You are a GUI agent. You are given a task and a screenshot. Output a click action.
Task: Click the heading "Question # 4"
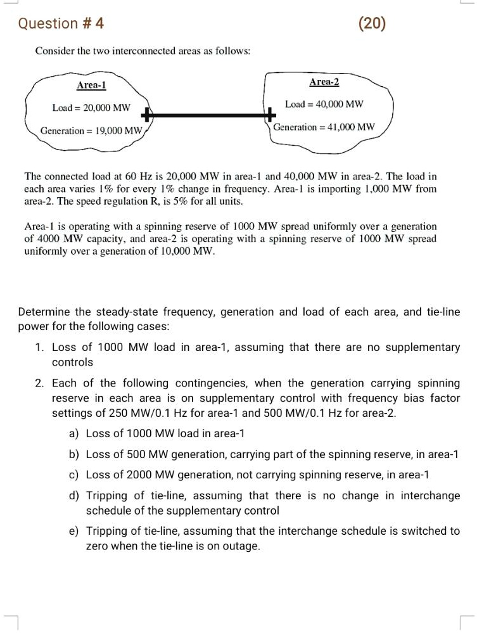(61, 24)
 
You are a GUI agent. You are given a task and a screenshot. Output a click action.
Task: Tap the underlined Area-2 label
(324, 83)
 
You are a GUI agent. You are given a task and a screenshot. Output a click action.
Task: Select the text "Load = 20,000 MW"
(91, 108)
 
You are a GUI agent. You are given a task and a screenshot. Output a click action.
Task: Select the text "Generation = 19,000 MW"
(91, 131)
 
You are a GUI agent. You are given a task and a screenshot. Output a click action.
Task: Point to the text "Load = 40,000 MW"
(324, 104)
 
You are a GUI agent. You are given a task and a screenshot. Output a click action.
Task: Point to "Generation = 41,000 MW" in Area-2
(324, 127)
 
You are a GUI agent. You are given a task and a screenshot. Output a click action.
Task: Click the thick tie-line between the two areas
(209, 115)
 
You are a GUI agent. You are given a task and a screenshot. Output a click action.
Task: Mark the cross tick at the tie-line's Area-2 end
(270, 115)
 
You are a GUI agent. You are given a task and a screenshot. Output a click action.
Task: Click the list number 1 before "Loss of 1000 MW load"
(39, 347)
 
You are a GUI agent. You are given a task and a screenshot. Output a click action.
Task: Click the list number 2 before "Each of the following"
(39, 383)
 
